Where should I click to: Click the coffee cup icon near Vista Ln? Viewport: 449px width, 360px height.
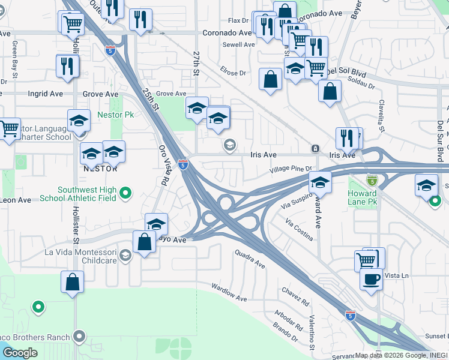click(x=371, y=280)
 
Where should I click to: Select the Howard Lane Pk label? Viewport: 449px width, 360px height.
click(x=362, y=197)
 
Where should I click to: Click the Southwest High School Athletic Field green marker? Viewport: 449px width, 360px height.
click(x=125, y=193)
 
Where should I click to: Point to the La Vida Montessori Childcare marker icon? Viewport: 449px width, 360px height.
click(x=125, y=256)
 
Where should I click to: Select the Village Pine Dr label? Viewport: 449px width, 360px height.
click(x=291, y=169)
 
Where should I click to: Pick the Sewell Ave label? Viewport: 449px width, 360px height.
click(x=238, y=44)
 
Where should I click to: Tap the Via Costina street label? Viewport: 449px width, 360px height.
click(x=300, y=230)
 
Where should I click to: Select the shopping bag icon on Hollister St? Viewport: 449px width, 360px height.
click(x=72, y=282)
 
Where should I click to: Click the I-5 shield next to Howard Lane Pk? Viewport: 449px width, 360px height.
click(x=372, y=180)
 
